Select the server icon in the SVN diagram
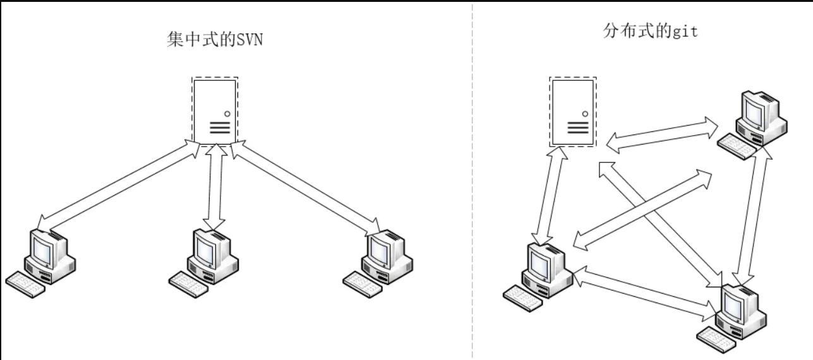point(215,111)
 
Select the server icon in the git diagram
point(572,112)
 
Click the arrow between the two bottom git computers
point(644,291)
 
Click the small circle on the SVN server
point(226,114)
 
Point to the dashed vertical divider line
point(472,189)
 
